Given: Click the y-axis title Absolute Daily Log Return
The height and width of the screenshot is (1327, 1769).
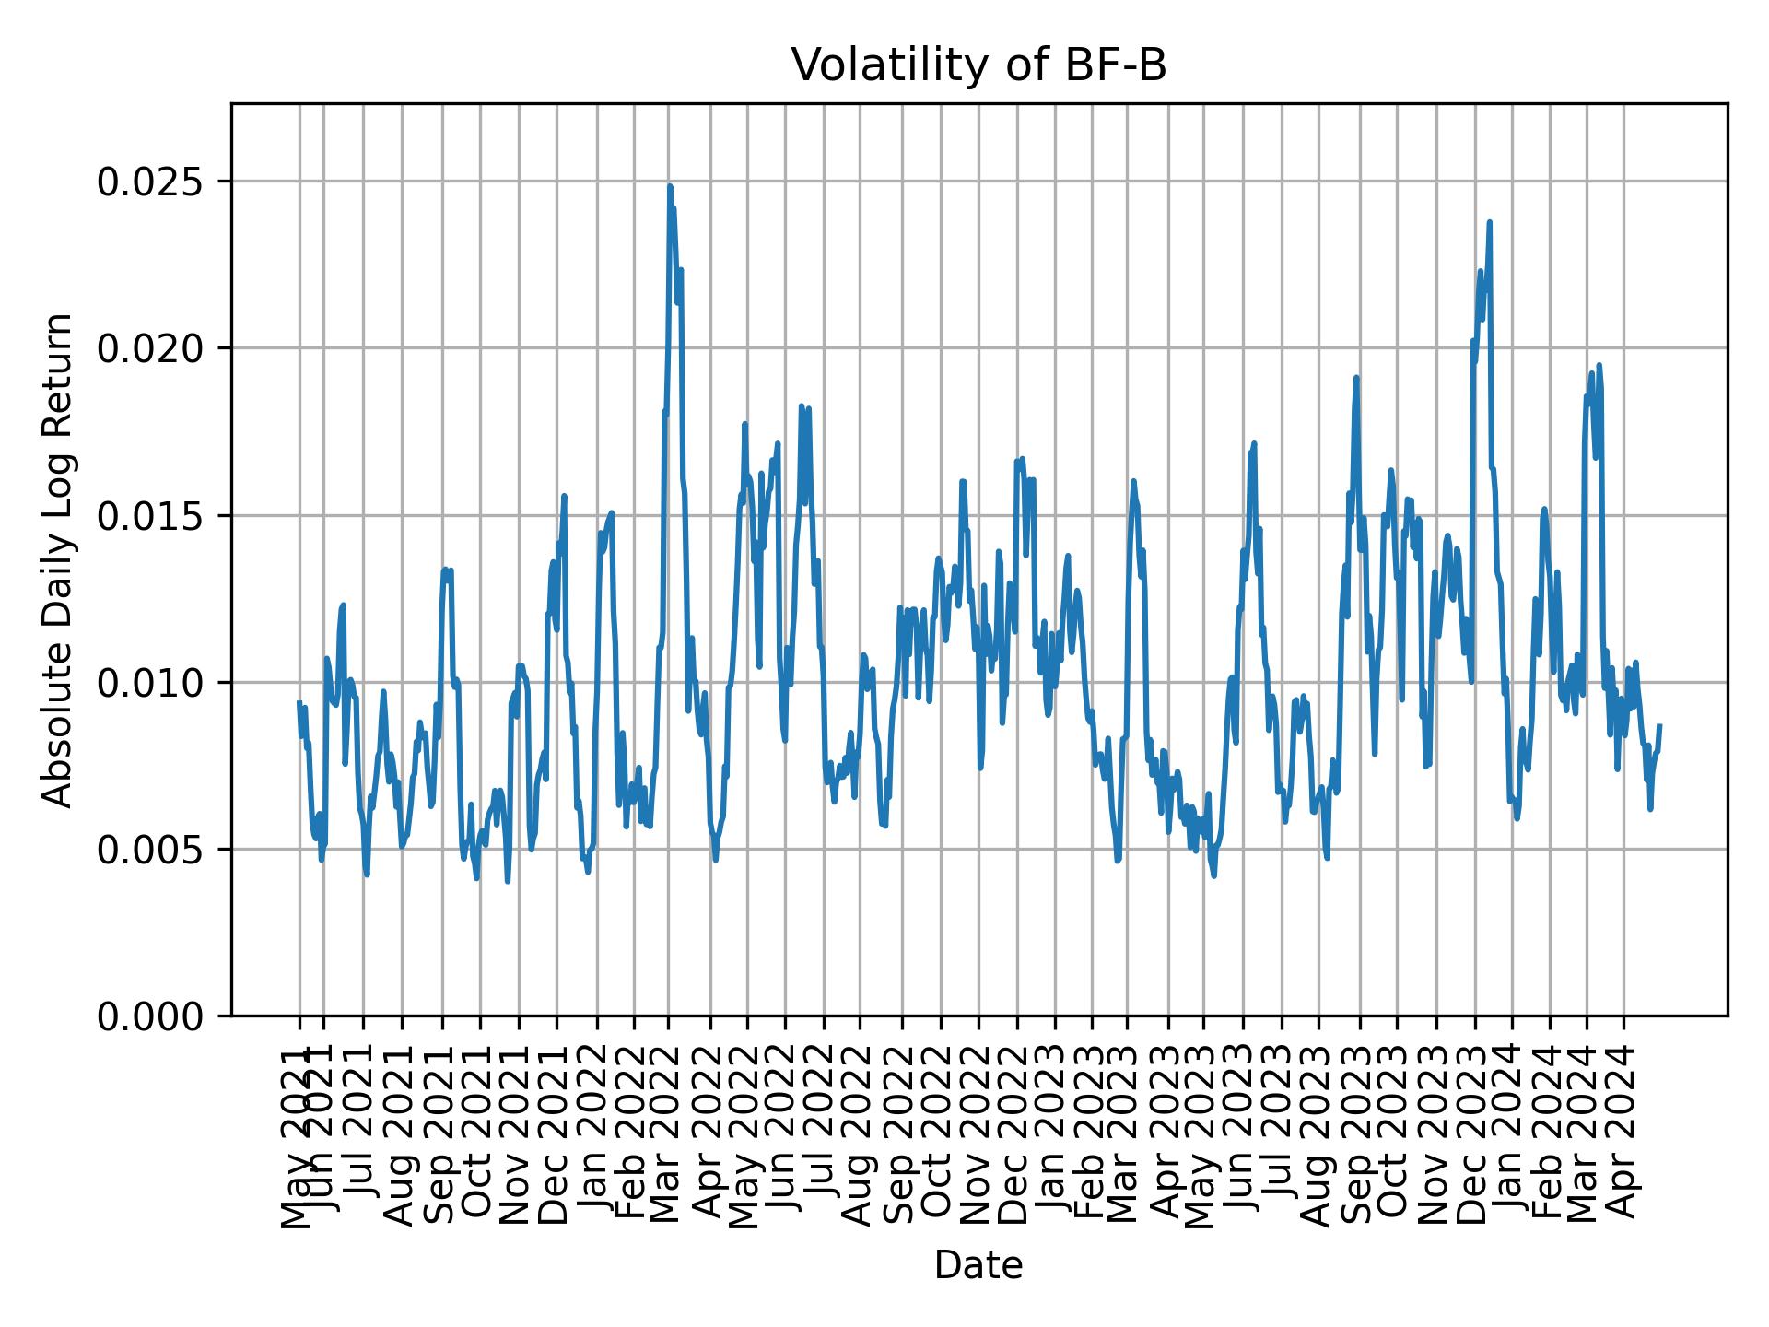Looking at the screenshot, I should (59, 559).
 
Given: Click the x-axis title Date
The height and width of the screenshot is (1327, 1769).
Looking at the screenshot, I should (978, 1265).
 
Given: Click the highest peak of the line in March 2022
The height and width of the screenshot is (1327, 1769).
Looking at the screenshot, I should (670, 186).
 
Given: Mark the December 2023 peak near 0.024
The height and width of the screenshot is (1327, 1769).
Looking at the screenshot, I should (1489, 222).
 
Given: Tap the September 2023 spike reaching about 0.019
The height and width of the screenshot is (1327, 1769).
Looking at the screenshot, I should (1356, 377).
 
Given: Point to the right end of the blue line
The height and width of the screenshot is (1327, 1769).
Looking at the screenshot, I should (1659, 726).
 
